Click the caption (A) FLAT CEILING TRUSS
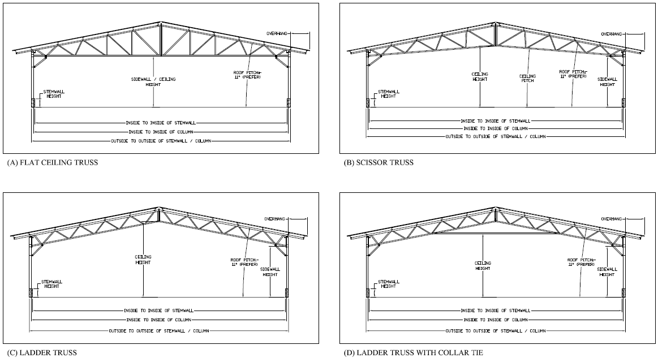[53, 162]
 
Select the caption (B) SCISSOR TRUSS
[379, 162]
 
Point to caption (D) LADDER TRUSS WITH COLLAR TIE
[414, 353]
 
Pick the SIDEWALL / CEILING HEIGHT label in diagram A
[153, 81]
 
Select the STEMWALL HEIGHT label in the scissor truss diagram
[388, 94]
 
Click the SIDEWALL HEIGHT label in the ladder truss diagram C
[270, 271]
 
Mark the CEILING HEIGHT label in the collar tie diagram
[483, 266]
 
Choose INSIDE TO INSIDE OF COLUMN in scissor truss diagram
[496, 128]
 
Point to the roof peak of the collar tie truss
[496, 208]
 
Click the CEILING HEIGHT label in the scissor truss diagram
[480, 76]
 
